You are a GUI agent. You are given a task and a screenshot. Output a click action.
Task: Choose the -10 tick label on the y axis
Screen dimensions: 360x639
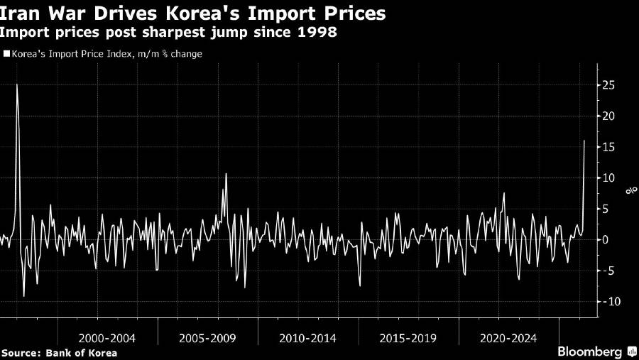click(x=610, y=301)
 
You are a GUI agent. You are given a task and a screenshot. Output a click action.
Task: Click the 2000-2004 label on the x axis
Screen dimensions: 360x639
click(x=107, y=339)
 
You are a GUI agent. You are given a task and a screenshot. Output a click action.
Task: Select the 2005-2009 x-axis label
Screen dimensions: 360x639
click(x=208, y=339)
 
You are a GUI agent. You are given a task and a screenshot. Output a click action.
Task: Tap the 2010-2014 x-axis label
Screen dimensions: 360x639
click(x=309, y=339)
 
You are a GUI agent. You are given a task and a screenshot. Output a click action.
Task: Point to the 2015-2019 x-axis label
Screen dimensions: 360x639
click(x=409, y=339)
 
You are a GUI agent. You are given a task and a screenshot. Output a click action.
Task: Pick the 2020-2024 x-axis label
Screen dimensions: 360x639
click(x=509, y=339)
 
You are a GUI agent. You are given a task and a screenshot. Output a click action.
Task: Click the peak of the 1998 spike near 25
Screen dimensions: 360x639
click(x=17, y=84)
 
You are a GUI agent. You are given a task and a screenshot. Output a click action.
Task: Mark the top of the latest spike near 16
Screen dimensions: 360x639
click(x=584, y=141)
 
